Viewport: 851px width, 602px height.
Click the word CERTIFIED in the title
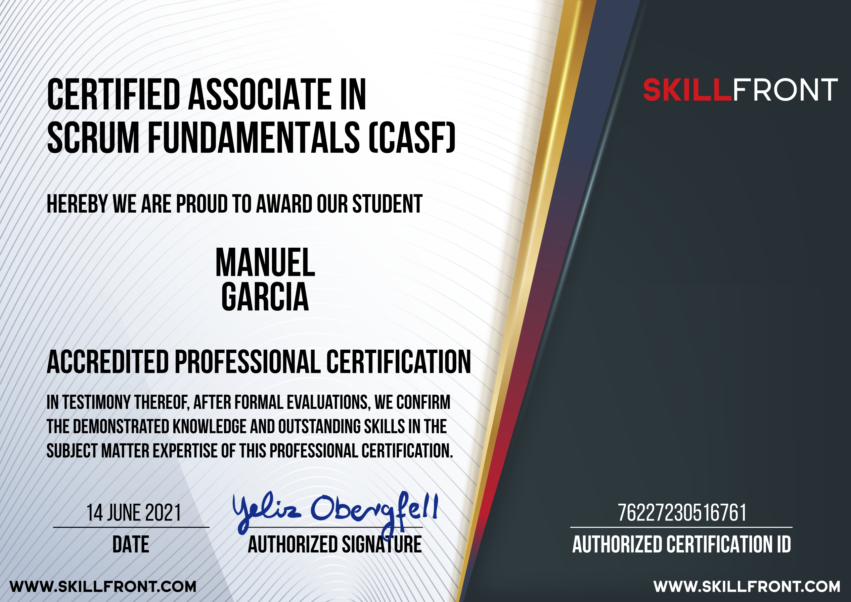click(x=113, y=95)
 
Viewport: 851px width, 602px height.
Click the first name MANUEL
click(x=265, y=263)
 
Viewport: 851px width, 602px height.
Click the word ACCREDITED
click(x=108, y=362)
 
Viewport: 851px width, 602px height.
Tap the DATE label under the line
click(x=131, y=544)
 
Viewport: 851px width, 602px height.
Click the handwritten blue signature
click(x=336, y=512)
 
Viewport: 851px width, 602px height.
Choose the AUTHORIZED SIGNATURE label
click(x=335, y=544)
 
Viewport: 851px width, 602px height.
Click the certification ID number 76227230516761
click(x=682, y=513)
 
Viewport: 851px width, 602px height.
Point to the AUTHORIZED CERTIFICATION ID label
click(x=682, y=544)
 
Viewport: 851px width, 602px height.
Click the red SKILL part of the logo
click(x=688, y=90)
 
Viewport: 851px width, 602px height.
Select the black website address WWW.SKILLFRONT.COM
click(x=103, y=587)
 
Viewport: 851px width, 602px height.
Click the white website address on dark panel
click(x=747, y=587)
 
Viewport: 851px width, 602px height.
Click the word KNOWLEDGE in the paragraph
click(x=209, y=426)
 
